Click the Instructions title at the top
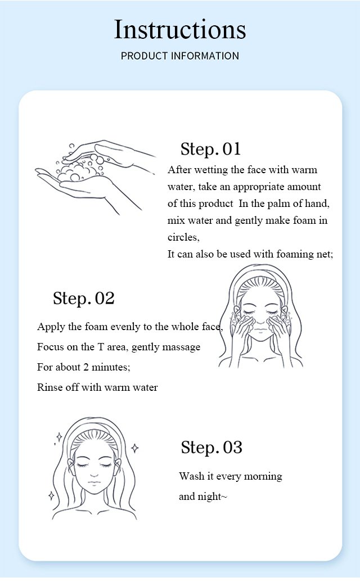[180, 29]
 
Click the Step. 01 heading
[210, 149]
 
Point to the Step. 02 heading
[83, 299]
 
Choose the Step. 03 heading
[211, 448]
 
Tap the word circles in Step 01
[183, 237]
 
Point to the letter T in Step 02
[101, 347]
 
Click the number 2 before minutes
[85, 367]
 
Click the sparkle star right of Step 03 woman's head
[135, 448]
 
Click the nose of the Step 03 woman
[94, 474]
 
